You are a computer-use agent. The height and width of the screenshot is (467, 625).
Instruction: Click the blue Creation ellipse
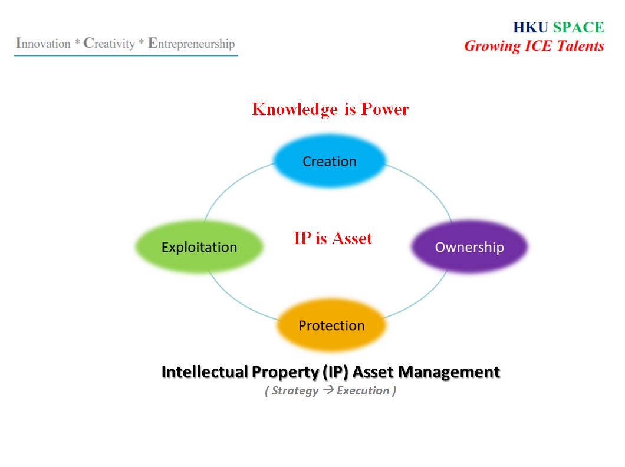[x=330, y=160]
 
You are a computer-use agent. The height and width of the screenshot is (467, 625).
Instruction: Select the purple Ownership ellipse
[x=469, y=246]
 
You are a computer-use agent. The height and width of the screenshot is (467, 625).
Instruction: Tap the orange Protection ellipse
[x=331, y=325]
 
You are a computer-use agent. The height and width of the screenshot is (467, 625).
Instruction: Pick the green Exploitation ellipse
[x=199, y=246]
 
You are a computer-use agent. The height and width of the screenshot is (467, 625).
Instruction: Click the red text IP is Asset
[x=333, y=238]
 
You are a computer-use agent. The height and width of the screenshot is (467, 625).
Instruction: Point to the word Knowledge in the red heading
[x=295, y=109]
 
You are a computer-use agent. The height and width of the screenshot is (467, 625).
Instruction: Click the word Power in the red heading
[x=385, y=108]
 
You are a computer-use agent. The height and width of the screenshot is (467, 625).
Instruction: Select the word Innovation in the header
[x=43, y=43]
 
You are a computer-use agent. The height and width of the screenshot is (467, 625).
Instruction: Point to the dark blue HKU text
[x=531, y=28]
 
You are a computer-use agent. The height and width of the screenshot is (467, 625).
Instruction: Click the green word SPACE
[x=578, y=28]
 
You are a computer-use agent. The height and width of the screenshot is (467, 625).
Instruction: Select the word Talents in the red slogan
[x=580, y=46]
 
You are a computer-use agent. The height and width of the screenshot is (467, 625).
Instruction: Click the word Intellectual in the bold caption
[x=205, y=371]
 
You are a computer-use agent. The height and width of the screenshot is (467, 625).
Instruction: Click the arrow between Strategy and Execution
[x=328, y=390]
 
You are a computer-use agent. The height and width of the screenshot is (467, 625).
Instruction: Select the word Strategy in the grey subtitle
[x=295, y=391]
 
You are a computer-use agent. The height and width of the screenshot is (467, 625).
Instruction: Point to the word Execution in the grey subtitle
[x=363, y=390]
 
